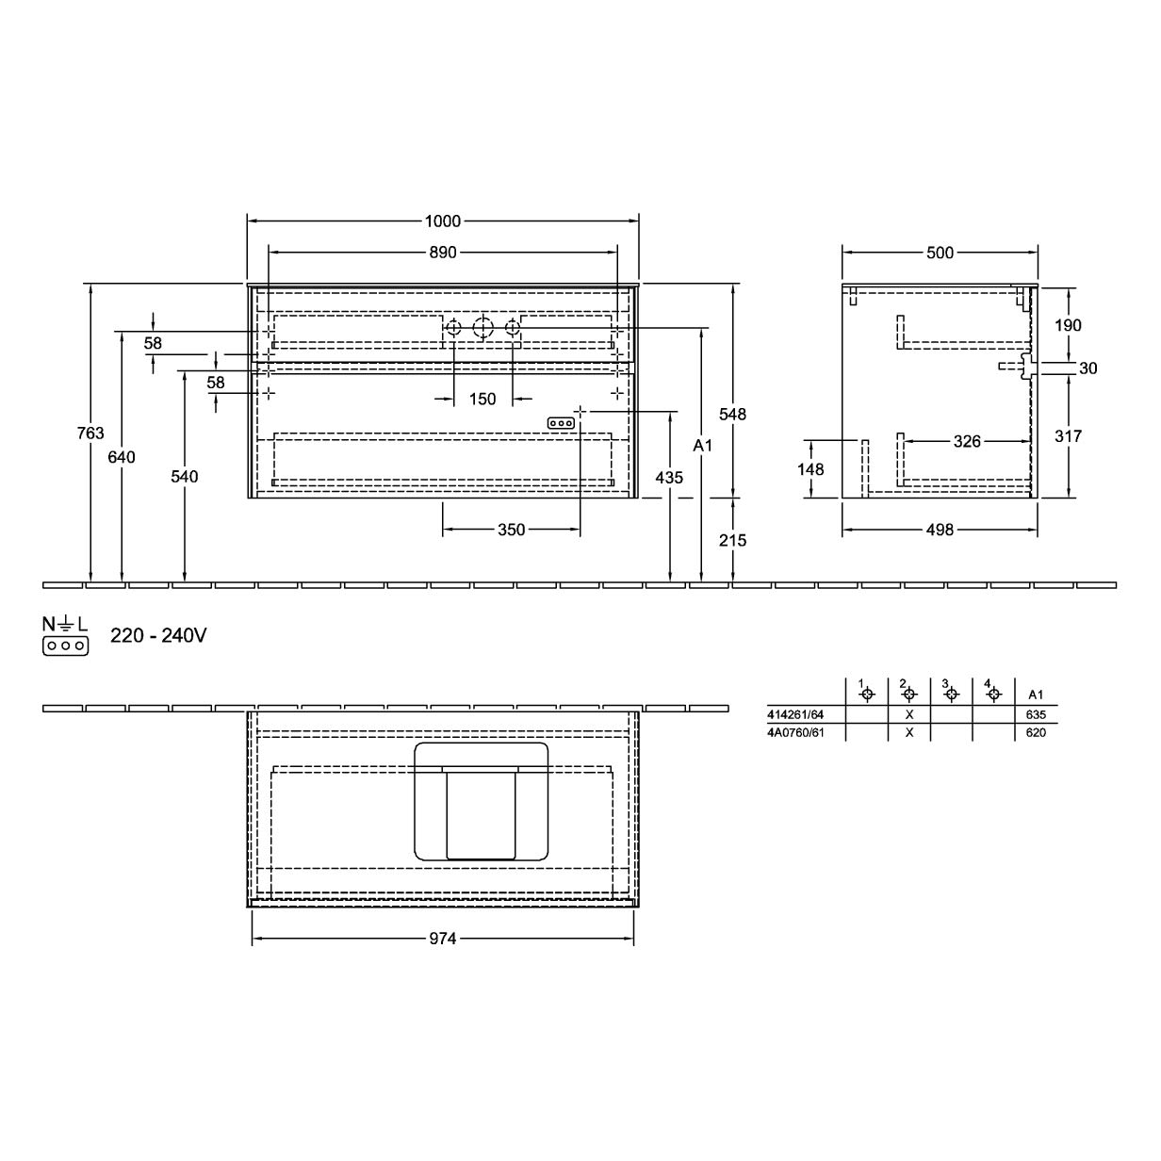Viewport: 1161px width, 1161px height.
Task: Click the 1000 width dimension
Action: (x=443, y=221)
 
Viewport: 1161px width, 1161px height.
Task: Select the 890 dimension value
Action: (x=443, y=253)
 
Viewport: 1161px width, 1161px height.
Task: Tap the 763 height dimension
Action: (x=90, y=433)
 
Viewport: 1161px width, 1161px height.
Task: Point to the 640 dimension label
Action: (x=122, y=457)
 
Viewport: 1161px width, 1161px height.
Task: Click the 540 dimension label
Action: (x=185, y=477)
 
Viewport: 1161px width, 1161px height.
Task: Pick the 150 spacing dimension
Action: (x=482, y=399)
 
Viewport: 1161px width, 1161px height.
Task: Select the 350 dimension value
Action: (x=512, y=530)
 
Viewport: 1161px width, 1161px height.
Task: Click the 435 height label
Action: (x=669, y=478)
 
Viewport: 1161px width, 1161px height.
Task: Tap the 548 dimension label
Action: (x=732, y=414)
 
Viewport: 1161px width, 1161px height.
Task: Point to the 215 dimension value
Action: (x=732, y=540)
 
